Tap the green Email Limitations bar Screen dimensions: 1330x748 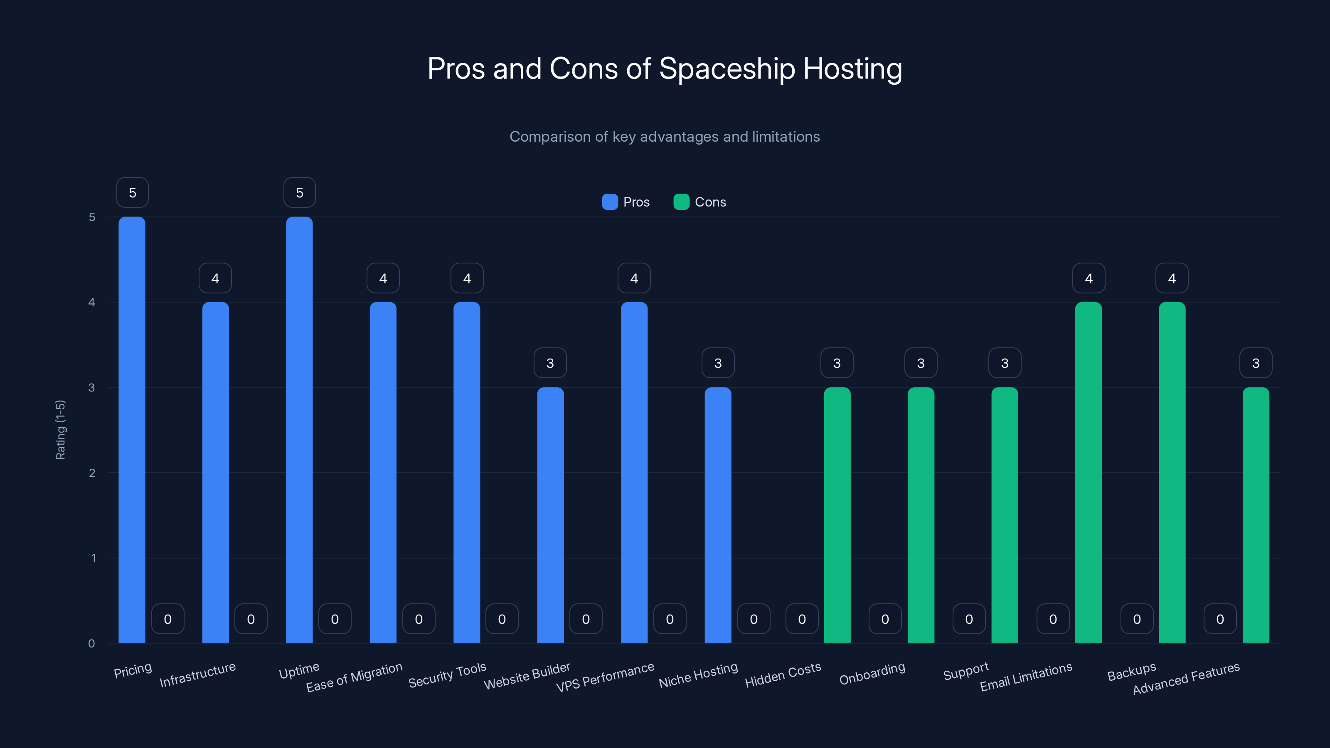click(x=1089, y=472)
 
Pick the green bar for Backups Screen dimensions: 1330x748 click(x=1172, y=472)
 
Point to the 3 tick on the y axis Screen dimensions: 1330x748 click(x=91, y=388)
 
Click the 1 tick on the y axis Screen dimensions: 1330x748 click(x=93, y=558)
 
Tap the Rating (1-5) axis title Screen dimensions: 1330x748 click(x=60, y=430)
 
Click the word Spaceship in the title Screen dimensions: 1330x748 click(x=727, y=69)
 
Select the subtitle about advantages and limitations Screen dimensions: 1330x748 click(x=665, y=137)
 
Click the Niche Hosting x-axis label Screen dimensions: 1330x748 click(x=698, y=675)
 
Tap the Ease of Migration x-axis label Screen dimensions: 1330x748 click(x=354, y=677)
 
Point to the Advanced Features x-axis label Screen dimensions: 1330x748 click(x=1186, y=678)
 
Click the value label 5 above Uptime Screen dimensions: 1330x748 click(x=299, y=192)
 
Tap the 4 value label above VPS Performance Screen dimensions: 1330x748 click(x=634, y=278)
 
